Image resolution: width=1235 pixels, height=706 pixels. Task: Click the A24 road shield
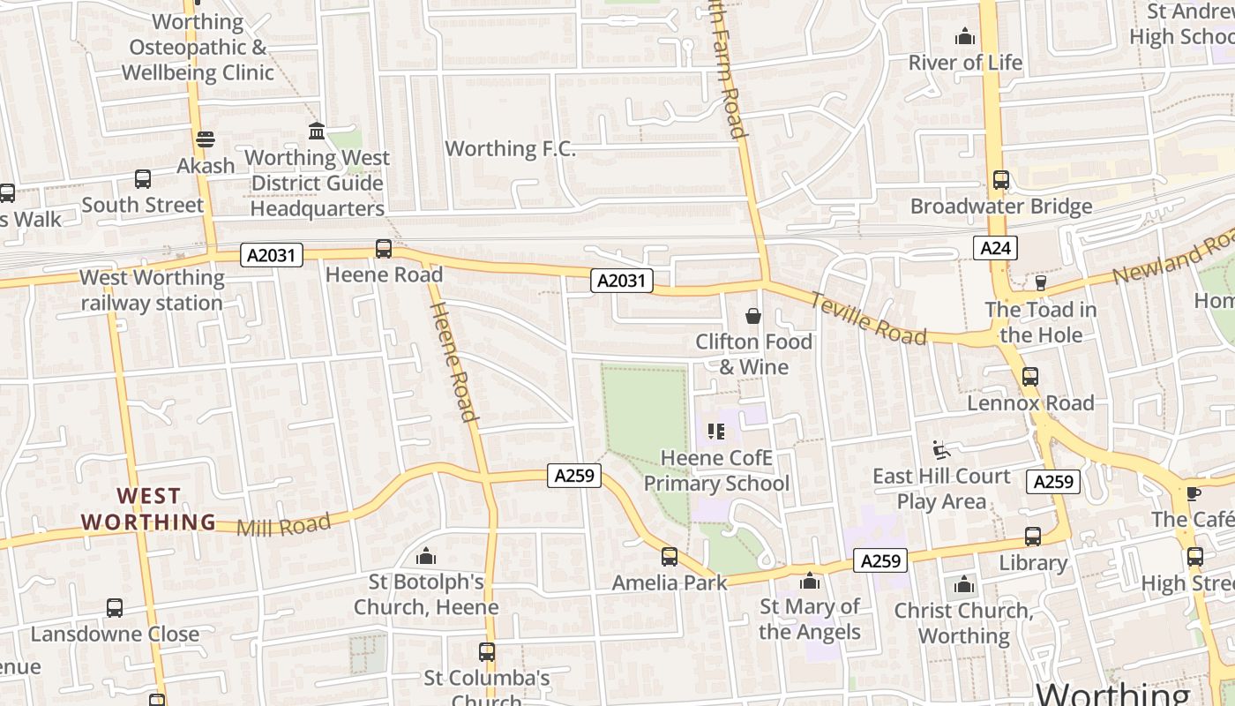point(995,248)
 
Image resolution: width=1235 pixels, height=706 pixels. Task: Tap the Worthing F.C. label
point(510,148)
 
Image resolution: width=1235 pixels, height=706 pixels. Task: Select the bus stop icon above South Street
point(143,179)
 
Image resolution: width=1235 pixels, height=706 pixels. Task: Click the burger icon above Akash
point(206,139)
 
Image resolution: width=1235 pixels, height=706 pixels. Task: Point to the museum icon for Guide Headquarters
point(317,131)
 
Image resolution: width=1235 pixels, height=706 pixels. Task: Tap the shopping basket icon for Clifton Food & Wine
point(752,316)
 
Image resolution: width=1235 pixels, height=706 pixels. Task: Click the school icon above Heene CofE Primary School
point(716,432)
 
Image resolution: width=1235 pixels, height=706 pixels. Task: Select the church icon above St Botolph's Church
point(426,556)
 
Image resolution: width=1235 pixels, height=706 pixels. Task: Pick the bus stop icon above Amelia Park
point(670,557)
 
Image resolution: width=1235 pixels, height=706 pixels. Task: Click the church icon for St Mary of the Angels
point(809,581)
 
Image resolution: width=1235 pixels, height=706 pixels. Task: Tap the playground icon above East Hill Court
point(940,450)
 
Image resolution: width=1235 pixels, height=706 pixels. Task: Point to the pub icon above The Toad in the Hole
point(1040,283)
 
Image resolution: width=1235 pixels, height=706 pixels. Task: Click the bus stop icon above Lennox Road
point(1029,377)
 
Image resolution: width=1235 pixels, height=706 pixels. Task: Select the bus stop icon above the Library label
point(1032,537)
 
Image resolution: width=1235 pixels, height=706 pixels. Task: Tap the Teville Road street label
point(868,318)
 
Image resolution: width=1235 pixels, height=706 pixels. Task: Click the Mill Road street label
point(283,524)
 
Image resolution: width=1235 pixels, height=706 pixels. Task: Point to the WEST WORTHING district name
point(148,509)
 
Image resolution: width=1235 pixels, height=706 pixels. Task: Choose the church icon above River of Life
point(965,37)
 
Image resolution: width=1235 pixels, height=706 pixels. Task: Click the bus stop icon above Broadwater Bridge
point(1000,180)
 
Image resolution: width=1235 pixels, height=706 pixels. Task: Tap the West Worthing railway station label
point(152,290)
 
